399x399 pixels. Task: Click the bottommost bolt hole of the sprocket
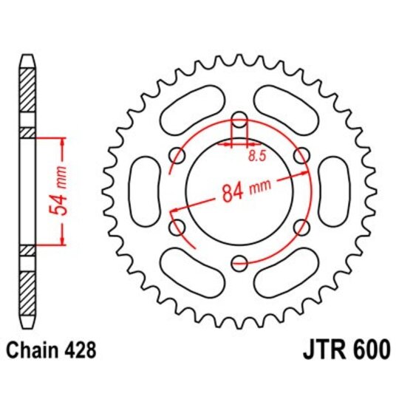(239, 261)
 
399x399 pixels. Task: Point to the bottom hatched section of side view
(27, 293)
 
